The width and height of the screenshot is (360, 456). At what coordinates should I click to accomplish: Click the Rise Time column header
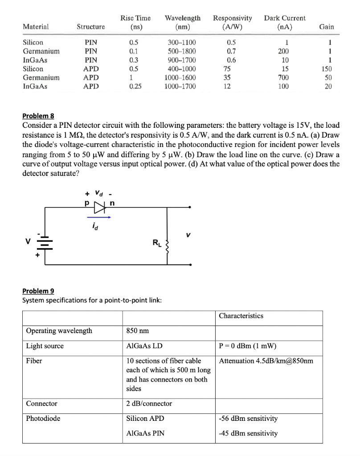coord(135,22)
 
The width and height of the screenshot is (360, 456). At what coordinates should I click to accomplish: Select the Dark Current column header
coord(285,22)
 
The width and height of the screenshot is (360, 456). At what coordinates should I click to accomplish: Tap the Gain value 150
coord(327,69)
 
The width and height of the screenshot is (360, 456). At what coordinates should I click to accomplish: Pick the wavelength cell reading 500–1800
coord(182,51)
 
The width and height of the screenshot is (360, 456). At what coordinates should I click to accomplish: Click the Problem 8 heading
coord(38,116)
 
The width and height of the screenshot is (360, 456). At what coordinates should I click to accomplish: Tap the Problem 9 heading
coord(38,291)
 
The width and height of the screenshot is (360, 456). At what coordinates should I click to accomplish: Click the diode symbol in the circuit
coord(99,207)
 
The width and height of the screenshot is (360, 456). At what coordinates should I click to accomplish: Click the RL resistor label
coord(156,243)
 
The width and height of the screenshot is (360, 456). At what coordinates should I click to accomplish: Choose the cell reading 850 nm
coord(138,331)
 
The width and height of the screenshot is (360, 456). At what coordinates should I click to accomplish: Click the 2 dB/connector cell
coord(149,403)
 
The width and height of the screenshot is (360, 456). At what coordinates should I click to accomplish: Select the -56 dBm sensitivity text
coord(248,419)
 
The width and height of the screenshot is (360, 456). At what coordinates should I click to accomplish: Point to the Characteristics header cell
coord(241,316)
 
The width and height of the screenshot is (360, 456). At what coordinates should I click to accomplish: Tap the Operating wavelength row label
coord(59,331)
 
